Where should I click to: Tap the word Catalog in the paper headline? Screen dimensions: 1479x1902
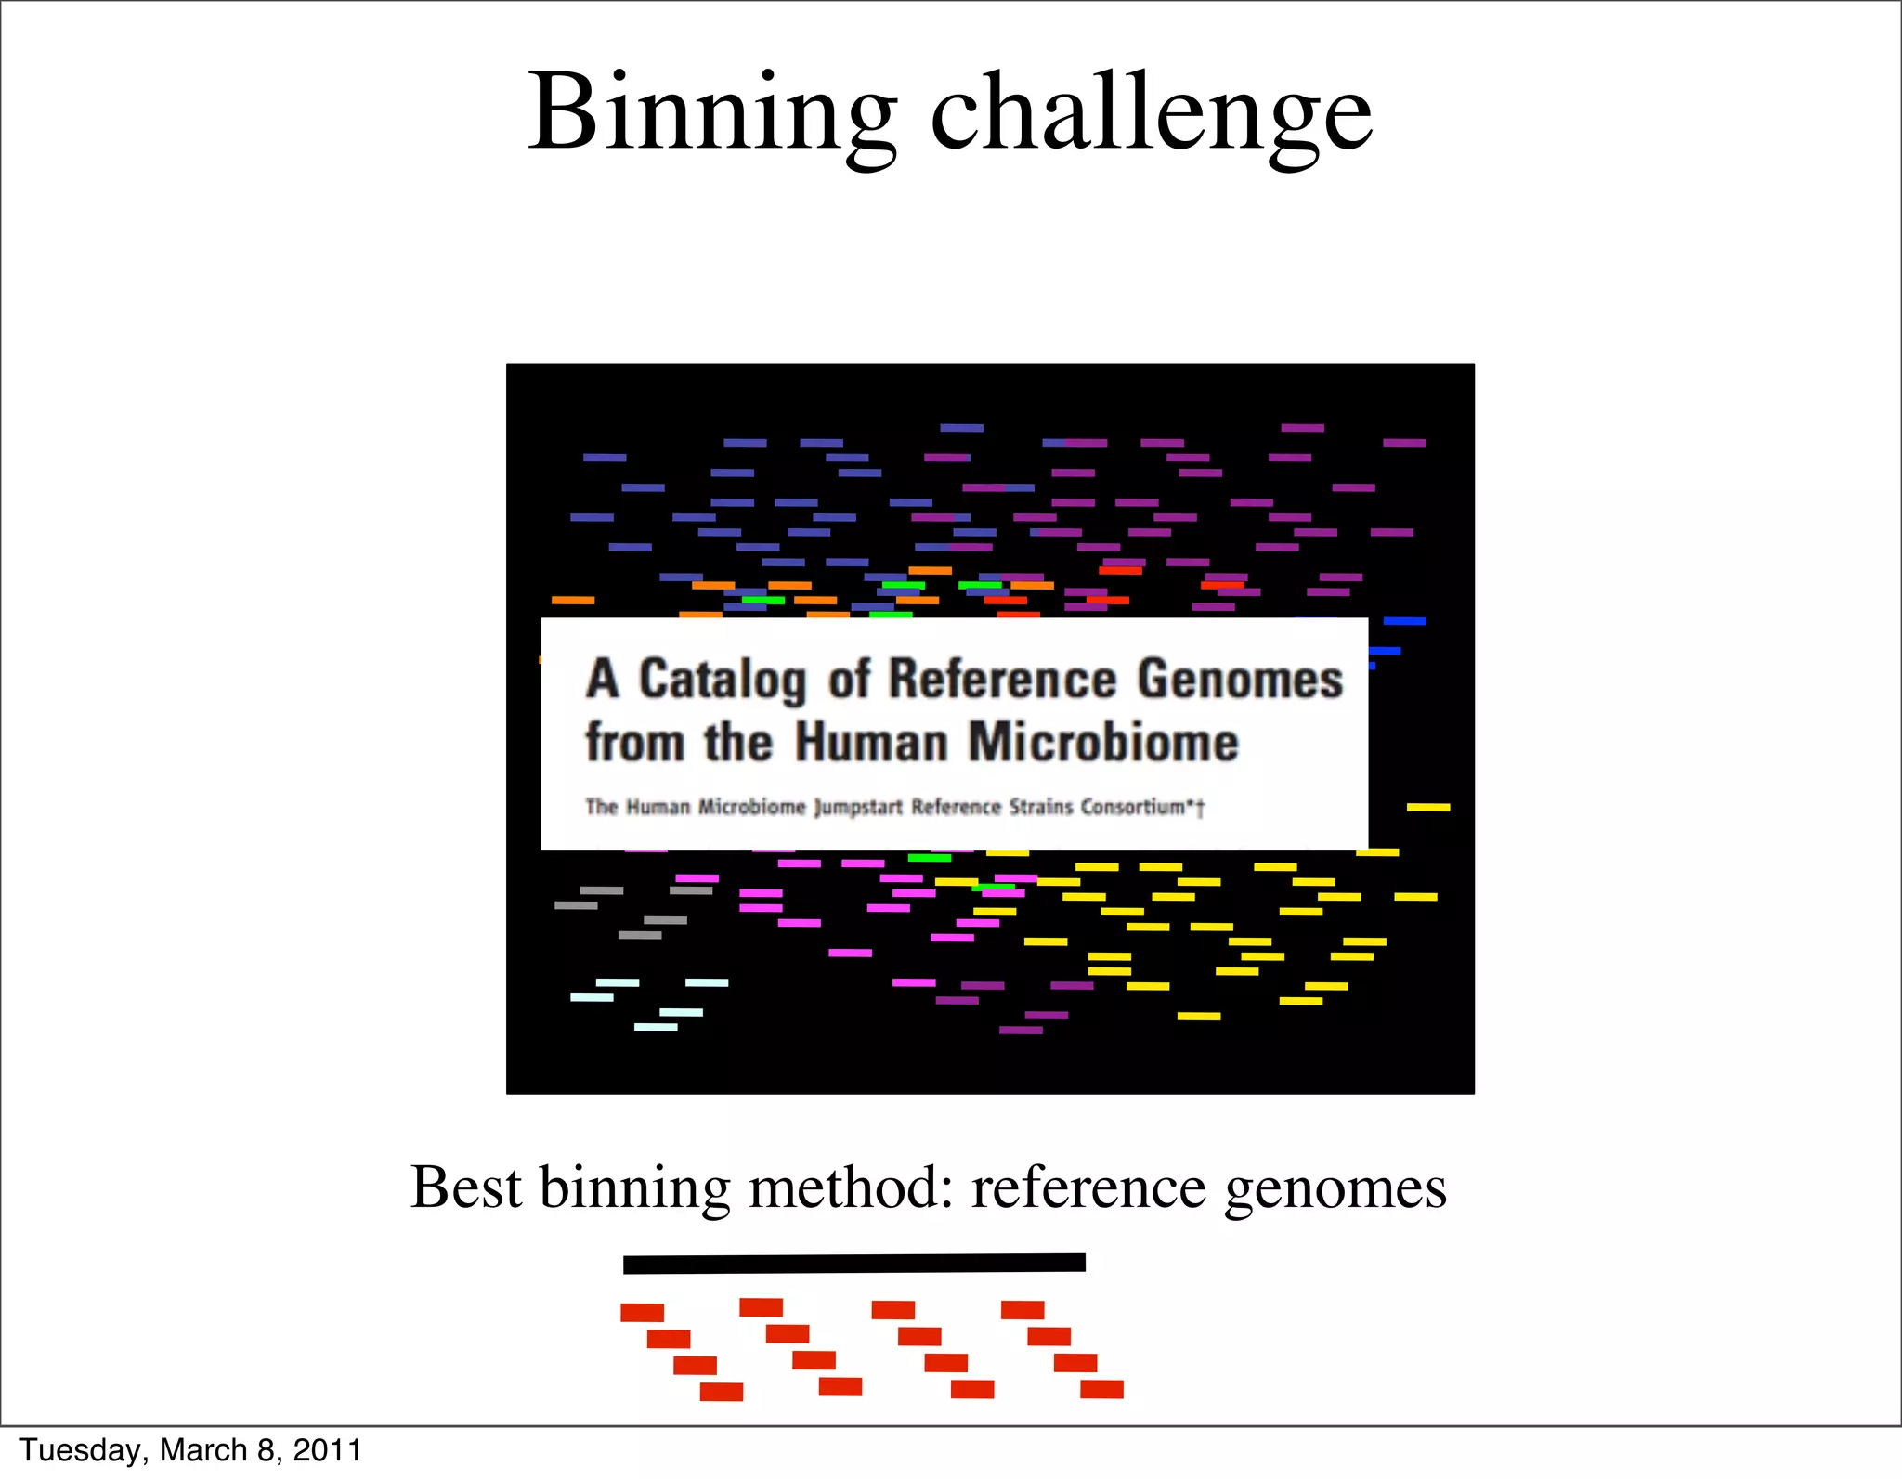point(722,681)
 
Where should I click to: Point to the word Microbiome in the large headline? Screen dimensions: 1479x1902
point(1103,743)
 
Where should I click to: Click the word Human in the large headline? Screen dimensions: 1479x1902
point(870,743)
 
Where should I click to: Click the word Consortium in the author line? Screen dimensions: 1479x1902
point(1133,807)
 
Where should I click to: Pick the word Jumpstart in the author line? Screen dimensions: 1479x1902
point(858,808)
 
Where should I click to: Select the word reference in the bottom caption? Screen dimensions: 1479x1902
point(1088,1187)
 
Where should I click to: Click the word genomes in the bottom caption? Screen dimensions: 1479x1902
point(1335,1189)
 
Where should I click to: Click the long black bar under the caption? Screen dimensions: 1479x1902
point(853,1264)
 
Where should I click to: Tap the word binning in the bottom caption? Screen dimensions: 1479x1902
point(634,1189)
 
